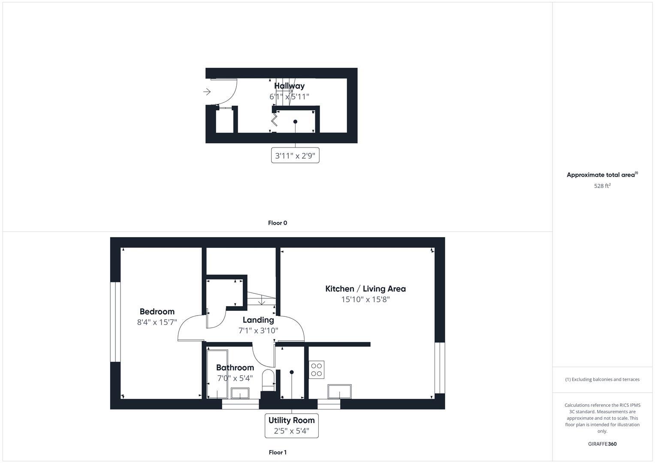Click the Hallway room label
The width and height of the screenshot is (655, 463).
coord(289,86)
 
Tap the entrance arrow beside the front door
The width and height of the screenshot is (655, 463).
coord(207,92)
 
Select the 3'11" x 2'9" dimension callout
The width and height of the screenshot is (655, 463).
coord(295,156)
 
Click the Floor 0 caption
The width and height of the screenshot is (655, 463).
coord(278,223)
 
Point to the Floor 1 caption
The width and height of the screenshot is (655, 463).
coord(278,452)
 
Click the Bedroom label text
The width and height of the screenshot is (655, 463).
coord(157,312)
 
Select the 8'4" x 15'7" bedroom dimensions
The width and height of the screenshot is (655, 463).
coord(157,322)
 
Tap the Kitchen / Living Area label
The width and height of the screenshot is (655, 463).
coord(365,289)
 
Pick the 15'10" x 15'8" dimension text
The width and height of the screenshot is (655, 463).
coord(365,300)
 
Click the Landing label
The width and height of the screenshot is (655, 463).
coord(258,320)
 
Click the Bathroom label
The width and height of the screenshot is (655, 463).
coord(235,367)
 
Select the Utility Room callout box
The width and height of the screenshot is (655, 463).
coord(292,425)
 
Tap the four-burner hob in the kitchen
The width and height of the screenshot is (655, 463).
coord(317,370)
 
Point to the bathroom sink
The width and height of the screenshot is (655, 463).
coord(240,393)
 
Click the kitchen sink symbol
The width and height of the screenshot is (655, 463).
coord(339,391)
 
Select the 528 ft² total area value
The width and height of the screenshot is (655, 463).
coord(602,186)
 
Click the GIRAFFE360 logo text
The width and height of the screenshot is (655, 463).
coord(602,444)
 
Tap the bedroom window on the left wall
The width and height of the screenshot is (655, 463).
coord(115,322)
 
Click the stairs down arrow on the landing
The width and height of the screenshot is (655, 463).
coord(262,301)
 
